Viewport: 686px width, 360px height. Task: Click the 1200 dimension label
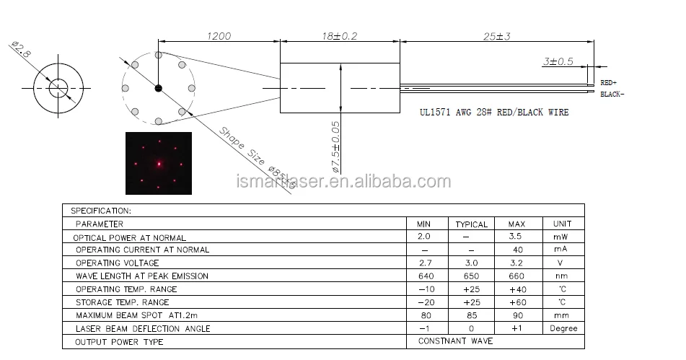[219, 36]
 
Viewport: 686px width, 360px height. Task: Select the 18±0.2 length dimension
[340, 36]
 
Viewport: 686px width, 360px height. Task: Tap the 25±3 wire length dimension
[496, 36]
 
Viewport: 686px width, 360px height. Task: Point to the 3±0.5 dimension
[558, 61]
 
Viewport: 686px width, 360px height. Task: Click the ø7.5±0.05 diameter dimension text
[335, 147]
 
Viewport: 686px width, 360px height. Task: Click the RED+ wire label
[609, 83]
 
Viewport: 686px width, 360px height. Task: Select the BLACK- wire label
[612, 94]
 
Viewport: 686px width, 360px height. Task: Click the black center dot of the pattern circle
[159, 88]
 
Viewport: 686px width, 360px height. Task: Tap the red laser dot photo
[159, 163]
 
